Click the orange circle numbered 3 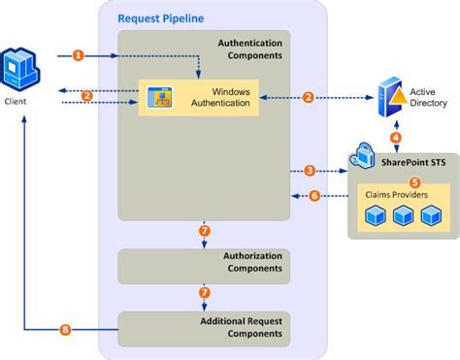(310, 170)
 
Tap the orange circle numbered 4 (395, 138)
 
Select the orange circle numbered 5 (414, 180)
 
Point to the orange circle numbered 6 (313, 195)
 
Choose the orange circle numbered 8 (65, 330)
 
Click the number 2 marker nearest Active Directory (309, 96)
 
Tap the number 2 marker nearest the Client (87, 95)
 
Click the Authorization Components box (204, 263)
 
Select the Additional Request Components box (204, 328)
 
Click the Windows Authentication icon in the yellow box (159, 97)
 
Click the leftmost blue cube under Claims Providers (375, 219)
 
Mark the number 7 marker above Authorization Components (203, 230)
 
